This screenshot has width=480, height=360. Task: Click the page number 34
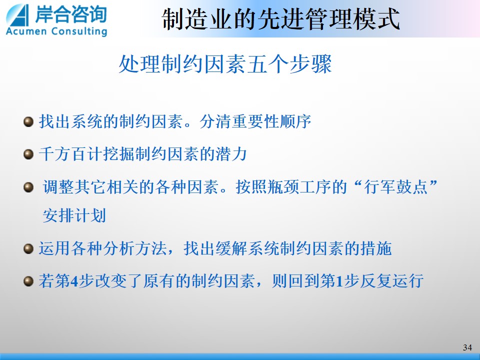(467, 347)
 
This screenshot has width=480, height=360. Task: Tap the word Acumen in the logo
(26, 31)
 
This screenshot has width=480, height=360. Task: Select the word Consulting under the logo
(79, 31)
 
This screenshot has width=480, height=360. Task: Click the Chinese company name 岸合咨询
(71, 14)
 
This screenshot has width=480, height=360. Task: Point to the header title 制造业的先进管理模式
(280, 19)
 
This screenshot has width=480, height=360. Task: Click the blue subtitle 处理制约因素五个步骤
(225, 64)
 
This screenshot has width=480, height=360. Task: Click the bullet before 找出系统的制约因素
(28, 122)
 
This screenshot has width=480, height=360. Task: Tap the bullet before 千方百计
(28, 154)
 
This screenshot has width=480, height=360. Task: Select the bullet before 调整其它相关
(28, 187)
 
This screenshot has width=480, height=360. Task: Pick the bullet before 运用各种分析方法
(28, 249)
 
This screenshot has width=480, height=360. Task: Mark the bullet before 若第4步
(28, 281)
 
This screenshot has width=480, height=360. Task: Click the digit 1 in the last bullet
(339, 281)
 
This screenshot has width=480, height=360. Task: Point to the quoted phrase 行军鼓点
(395, 186)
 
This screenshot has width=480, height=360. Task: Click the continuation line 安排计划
(74, 215)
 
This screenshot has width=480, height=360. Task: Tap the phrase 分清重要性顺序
(255, 121)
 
